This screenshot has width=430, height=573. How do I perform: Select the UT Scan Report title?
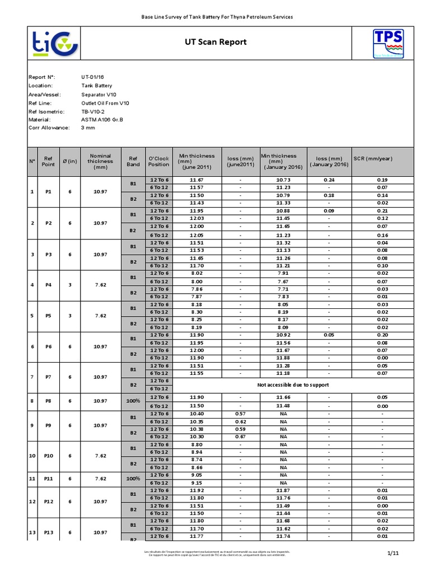[x=216, y=43]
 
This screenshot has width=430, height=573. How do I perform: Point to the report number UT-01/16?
[x=93, y=77]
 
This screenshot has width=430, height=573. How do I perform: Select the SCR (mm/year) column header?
[x=373, y=159]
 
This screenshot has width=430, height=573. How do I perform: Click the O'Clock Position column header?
[x=158, y=161]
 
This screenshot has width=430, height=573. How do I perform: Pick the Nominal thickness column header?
[x=100, y=161]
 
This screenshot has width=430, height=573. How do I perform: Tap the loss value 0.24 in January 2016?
[x=329, y=180]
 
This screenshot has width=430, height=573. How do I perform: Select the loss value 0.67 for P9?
[x=241, y=436]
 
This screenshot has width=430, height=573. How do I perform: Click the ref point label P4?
[x=48, y=285]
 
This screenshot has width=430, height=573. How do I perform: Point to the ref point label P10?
[x=49, y=456]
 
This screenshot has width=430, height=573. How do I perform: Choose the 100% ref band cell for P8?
[x=133, y=401]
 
